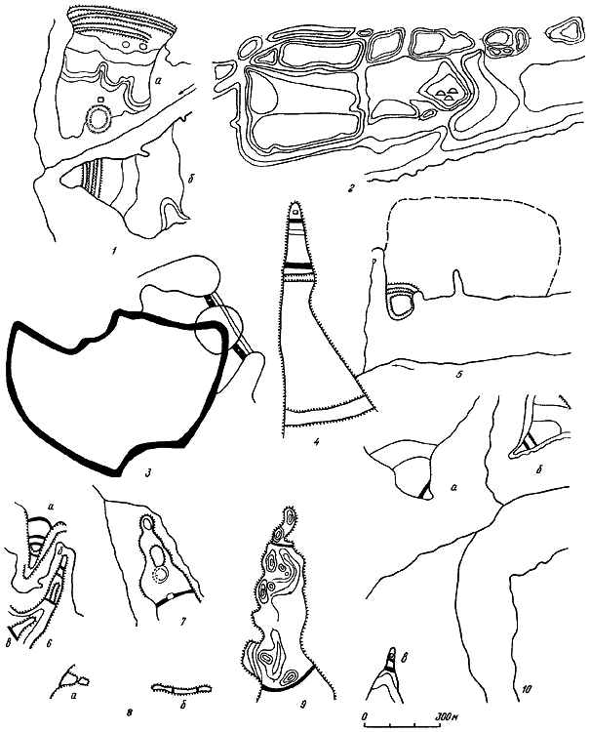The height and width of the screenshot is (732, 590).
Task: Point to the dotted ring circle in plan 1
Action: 98,119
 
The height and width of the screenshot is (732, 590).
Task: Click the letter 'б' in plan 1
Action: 184,182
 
